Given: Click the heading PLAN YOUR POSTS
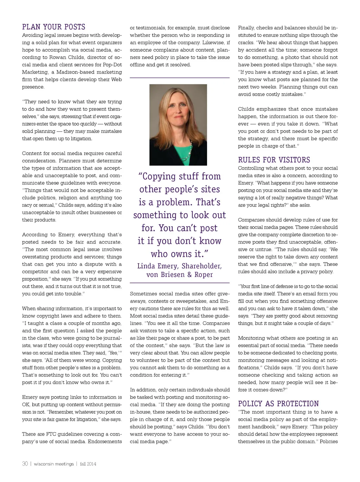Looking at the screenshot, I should point(54,27).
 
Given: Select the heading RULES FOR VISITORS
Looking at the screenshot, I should point(274,160).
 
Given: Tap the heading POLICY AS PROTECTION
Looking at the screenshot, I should point(278,404).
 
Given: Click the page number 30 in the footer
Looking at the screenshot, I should point(25,464).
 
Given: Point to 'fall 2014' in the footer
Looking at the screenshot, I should point(88,464).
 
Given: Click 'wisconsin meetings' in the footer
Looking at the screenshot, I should point(54,464).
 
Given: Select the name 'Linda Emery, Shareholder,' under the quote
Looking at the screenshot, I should point(179,266).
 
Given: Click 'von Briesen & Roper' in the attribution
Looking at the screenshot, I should point(179,275).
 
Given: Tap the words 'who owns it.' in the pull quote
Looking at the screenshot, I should point(179,254).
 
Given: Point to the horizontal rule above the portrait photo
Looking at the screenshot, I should point(179,77).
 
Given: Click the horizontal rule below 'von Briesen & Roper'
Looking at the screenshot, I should point(179,283).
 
